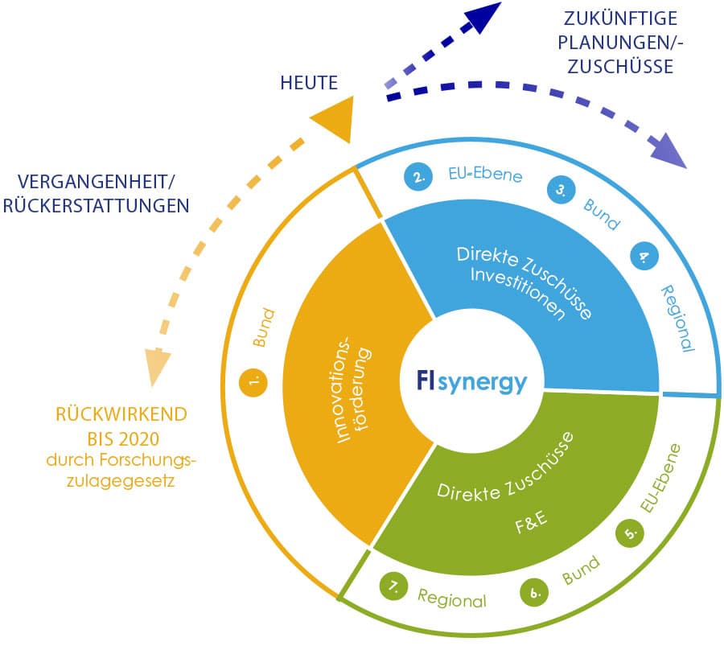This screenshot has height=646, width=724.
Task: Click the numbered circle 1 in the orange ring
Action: click(x=254, y=383)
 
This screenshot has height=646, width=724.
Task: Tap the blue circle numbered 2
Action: click(x=418, y=179)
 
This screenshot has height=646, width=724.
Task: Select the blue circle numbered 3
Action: click(x=560, y=191)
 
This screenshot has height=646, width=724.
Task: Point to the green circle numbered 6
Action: click(x=533, y=593)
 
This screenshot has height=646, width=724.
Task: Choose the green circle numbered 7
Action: click(x=393, y=587)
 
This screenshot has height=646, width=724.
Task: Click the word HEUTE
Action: click(x=309, y=82)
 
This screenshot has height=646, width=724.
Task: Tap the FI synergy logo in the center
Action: click(x=472, y=381)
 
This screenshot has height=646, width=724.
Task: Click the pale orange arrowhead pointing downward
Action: click(x=158, y=367)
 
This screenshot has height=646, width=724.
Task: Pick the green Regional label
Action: click(x=451, y=599)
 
